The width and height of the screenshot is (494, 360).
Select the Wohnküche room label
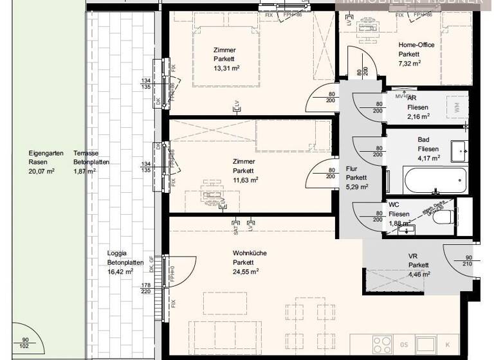pyautogui.click(x=250, y=253)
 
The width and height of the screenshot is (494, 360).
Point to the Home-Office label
pyautogui.click(x=414, y=45)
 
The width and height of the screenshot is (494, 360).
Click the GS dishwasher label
pyautogui.click(x=404, y=344)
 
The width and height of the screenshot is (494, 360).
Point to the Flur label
pyautogui.click(x=351, y=168)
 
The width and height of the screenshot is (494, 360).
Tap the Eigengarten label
pyautogui.click(x=42, y=154)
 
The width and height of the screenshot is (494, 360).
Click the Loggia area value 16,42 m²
pyautogui.click(x=120, y=272)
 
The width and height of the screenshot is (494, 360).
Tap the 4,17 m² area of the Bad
pyautogui.click(x=428, y=157)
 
